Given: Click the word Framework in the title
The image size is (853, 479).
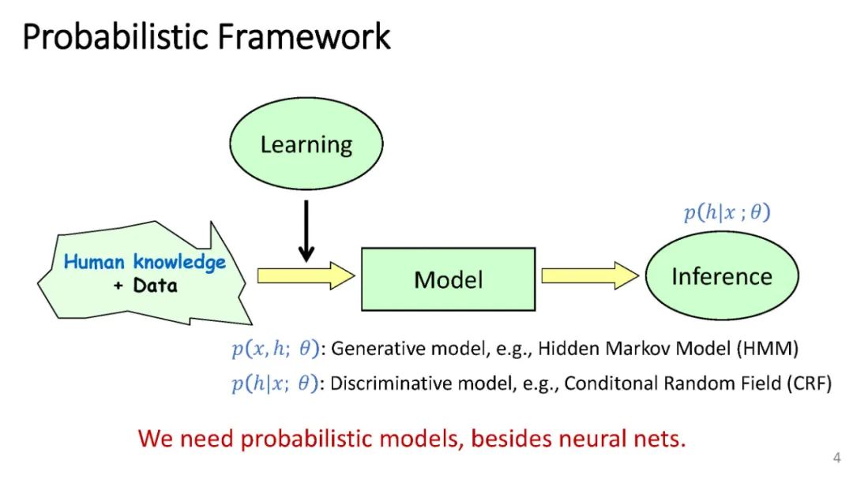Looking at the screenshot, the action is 304,37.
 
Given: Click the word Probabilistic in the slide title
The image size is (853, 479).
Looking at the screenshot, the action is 116,37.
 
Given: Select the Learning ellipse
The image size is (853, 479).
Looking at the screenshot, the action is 306,144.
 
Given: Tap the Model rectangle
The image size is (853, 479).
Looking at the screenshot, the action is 449,279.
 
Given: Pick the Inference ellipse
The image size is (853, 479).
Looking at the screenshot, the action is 722,275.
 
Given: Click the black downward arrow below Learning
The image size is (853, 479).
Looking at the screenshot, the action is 306,231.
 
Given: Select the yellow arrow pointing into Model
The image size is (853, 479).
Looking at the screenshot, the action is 306,275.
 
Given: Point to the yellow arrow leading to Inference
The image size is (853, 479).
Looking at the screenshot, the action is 590,275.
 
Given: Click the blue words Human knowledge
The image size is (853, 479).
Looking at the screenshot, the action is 145,262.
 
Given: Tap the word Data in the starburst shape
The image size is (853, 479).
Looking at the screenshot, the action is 155,286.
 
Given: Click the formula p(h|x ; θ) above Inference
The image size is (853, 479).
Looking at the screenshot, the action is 727,212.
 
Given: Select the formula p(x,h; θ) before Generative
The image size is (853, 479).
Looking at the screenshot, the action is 276,349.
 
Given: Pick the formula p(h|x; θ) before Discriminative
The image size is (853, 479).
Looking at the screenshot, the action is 275,384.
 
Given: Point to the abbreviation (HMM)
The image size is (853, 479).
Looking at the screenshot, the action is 768,349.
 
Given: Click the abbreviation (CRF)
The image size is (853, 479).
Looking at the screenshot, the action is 810,384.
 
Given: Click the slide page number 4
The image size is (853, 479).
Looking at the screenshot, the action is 836,458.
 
